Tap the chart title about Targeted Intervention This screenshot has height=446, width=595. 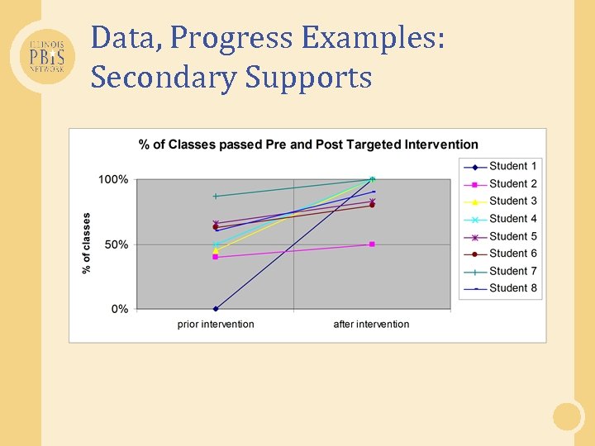(308, 145)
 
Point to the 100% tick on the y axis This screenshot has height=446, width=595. (114, 179)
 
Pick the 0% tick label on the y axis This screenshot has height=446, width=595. (119, 309)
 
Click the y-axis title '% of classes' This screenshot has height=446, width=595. (87, 244)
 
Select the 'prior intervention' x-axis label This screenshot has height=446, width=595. (216, 324)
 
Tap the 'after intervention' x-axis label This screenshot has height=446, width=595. (371, 324)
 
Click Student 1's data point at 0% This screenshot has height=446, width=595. (216, 309)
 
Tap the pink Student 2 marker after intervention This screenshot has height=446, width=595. (372, 244)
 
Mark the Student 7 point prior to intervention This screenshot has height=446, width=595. (216, 196)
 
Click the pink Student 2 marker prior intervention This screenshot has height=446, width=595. (216, 257)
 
